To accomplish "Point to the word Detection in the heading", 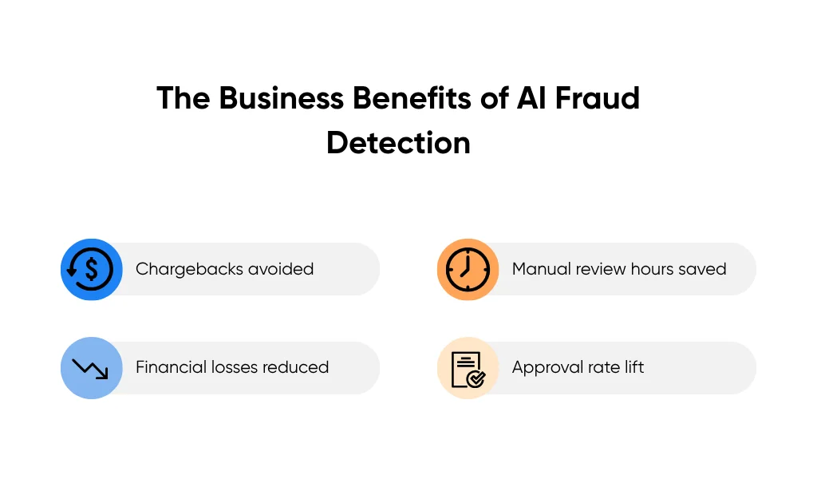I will coord(398,143).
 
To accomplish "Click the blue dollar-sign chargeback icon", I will coord(91,269).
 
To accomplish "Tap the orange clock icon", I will coord(467,269).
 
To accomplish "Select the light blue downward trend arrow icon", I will coord(91,368).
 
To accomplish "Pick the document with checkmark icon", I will coord(467,368).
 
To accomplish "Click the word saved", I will coord(701,269).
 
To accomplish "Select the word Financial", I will coord(170,367).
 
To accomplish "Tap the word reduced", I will coord(297,367).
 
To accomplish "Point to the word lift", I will coord(633,367).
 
